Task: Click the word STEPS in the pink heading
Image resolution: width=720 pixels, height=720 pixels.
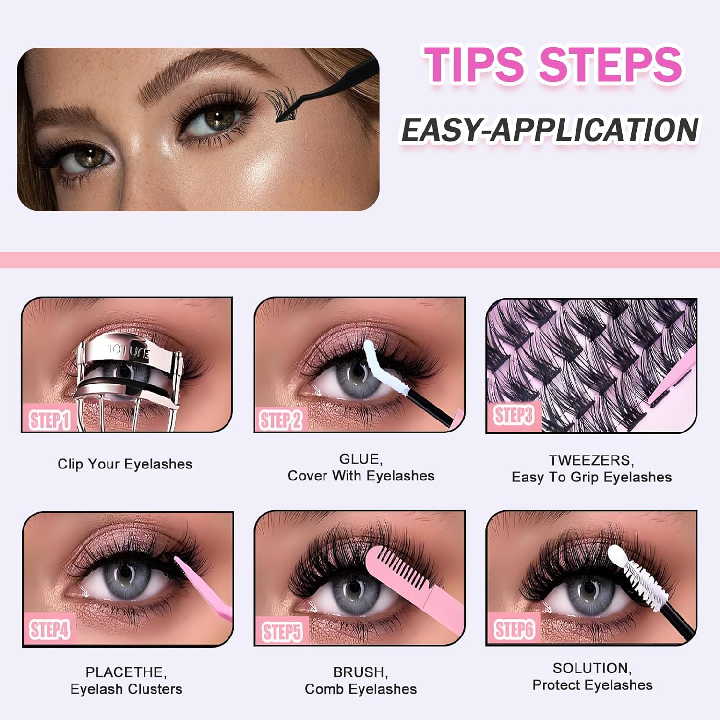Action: [611, 65]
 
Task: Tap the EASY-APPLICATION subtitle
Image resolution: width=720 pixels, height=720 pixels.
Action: [550, 130]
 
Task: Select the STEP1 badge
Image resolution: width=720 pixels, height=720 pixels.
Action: [49, 420]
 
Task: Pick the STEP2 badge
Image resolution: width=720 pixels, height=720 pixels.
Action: [281, 420]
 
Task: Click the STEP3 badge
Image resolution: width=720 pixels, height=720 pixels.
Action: [513, 415]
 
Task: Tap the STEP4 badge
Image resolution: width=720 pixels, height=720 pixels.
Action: [49, 629]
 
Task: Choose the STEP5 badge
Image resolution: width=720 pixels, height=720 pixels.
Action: [282, 632]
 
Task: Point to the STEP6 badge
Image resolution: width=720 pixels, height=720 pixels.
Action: [514, 629]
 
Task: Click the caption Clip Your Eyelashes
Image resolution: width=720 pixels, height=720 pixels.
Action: [125, 464]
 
